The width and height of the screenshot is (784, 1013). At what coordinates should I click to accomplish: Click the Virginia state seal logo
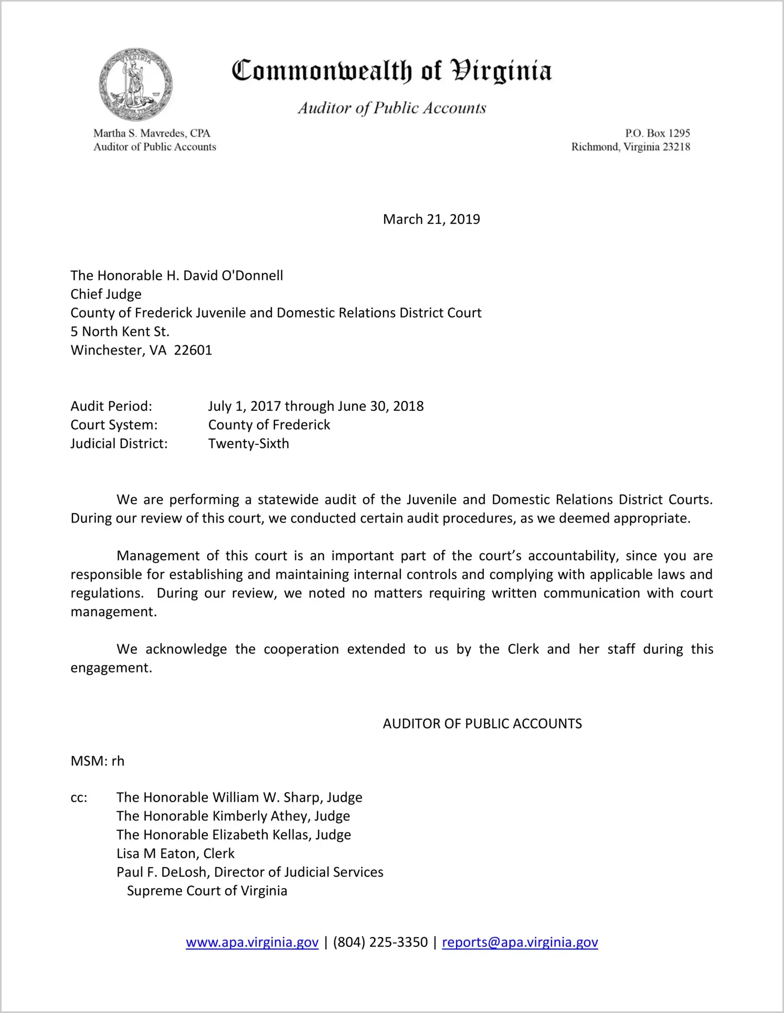click(x=135, y=84)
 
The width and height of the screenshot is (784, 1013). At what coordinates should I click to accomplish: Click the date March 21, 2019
click(x=431, y=219)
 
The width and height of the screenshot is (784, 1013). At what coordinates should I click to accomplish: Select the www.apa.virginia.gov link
click(x=252, y=942)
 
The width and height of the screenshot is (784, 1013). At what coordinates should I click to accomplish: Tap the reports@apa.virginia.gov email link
click(x=520, y=942)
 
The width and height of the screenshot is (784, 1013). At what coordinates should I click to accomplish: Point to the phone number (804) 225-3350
click(x=380, y=942)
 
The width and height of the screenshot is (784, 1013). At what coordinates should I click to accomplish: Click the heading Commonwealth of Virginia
click(x=391, y=71)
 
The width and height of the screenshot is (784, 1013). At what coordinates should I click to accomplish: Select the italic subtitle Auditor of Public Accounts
click(x=391, y=108)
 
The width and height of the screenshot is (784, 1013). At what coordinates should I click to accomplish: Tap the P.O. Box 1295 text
click(x=657, y=133)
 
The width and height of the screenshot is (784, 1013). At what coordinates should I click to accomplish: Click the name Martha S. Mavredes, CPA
click(x=152, y=133)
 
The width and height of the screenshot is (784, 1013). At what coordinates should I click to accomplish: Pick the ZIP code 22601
click(x=193, y=350)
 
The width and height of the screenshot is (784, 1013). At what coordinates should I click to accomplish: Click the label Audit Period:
click(x=111, y=406)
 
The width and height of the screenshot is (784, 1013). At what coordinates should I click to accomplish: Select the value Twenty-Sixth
click(x=248, y=444)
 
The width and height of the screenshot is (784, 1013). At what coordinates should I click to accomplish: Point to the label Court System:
click(x=114, y=425)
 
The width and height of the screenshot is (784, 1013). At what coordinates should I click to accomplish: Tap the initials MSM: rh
click(x=98, y=761)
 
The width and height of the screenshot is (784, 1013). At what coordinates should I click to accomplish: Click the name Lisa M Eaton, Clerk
click(x=175, y=854)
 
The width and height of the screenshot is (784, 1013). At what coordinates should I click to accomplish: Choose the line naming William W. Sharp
click(x=239, y=797)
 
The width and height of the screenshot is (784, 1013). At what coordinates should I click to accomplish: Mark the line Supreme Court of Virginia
click(x=207, y=891)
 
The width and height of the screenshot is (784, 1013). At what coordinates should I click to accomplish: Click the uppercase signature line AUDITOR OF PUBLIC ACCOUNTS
click(x=482, y=724)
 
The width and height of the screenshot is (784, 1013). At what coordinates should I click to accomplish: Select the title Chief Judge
click(x=106, y=294)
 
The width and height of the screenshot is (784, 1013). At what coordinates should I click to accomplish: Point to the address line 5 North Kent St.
click(x=120, y=332)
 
